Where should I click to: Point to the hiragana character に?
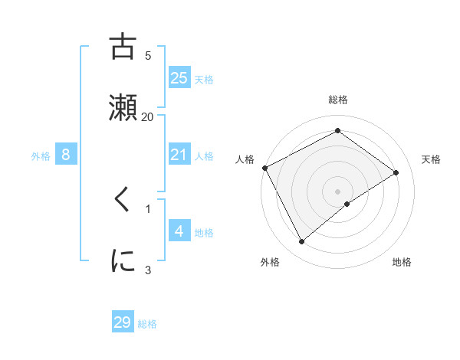123,260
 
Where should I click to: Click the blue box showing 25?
179,77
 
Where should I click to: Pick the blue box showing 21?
179,155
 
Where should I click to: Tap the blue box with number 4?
179,231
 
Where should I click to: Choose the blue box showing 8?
66,155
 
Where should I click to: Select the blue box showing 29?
123,322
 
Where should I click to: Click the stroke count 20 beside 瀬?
148,116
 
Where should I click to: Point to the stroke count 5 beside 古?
148,55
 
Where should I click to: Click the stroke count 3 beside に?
148,269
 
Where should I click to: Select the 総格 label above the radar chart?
338,100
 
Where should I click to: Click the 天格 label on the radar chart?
432,159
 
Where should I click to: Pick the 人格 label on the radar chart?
245,159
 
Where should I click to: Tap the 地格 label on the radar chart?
402,263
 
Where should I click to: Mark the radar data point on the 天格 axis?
396,172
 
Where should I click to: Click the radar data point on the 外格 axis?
301,242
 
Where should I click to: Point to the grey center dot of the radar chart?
338,191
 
